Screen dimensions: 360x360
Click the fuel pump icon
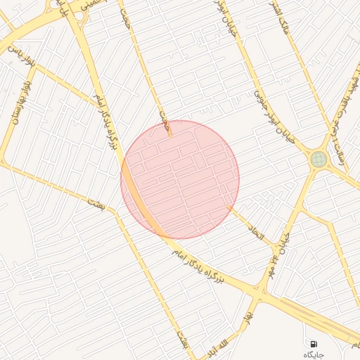point(312,343)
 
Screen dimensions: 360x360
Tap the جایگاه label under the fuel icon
point(312,354)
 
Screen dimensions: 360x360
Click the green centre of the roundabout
point(319,160)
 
